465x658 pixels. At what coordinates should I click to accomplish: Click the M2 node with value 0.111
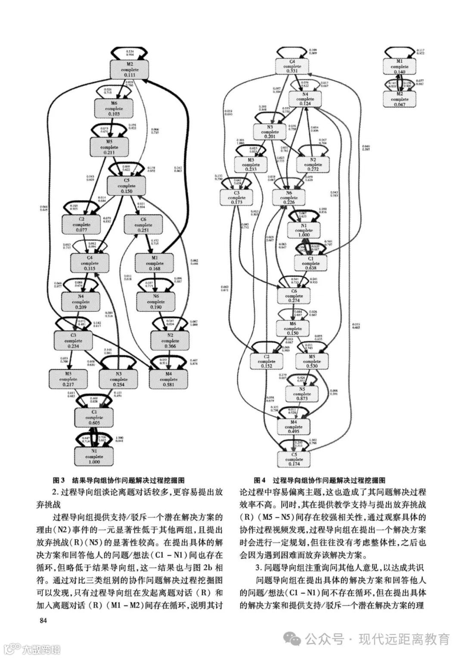click(x=130, y=70)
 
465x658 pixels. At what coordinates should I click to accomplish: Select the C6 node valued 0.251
click(x=143, y=225)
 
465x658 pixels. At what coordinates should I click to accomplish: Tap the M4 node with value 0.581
click(x=168, y=379)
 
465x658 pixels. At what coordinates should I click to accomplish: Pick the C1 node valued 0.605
click(x=94, y=418)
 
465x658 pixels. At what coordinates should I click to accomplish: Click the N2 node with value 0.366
click(x=170, y=341)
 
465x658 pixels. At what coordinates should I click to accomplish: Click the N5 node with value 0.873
click(x=302, y=394)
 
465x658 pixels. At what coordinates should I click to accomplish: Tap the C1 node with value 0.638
click(x=310, y=263)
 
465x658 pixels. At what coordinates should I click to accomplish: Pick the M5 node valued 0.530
click(x=312, y=361)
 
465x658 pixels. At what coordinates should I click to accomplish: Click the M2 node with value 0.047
click(x=400, y=99)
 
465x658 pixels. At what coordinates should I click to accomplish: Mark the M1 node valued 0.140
click(x=400, y=67)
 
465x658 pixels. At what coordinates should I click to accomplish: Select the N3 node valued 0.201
click(x=270, y=132)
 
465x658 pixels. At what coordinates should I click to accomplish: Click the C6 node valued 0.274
click(x=294, y=296)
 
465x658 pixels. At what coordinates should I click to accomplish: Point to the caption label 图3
click(x=58, y=480)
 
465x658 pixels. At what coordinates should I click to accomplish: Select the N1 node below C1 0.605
click(x=94, y=456)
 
